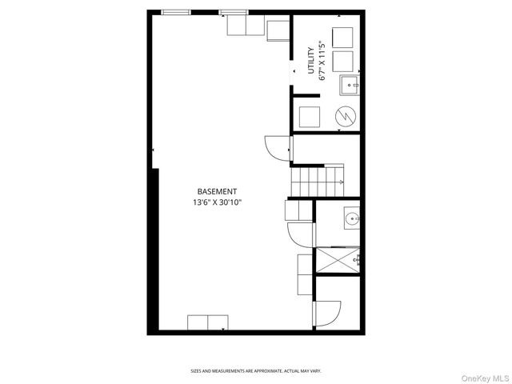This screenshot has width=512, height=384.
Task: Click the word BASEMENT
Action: click(217, 191)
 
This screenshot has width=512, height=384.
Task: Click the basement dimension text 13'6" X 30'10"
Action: click(217, 203)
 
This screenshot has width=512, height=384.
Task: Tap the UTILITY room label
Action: click(311, 61)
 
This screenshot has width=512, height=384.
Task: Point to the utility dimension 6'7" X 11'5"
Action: click(322, 61)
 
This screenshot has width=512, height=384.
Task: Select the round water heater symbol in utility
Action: click(345, 117)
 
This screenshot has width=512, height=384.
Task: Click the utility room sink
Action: click(350, 83)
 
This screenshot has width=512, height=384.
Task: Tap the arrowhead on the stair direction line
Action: click(342, 182)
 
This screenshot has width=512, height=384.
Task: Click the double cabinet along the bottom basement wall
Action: click(208, 322)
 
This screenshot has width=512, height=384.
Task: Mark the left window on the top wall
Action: click(176, 12)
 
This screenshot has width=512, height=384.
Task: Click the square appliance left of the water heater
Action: click(309, 117)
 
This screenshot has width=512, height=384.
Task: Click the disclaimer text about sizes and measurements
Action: click(255, 371)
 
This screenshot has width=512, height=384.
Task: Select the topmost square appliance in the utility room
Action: click(342, 38)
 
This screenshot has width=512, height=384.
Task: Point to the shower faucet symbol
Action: click(358, 258)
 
